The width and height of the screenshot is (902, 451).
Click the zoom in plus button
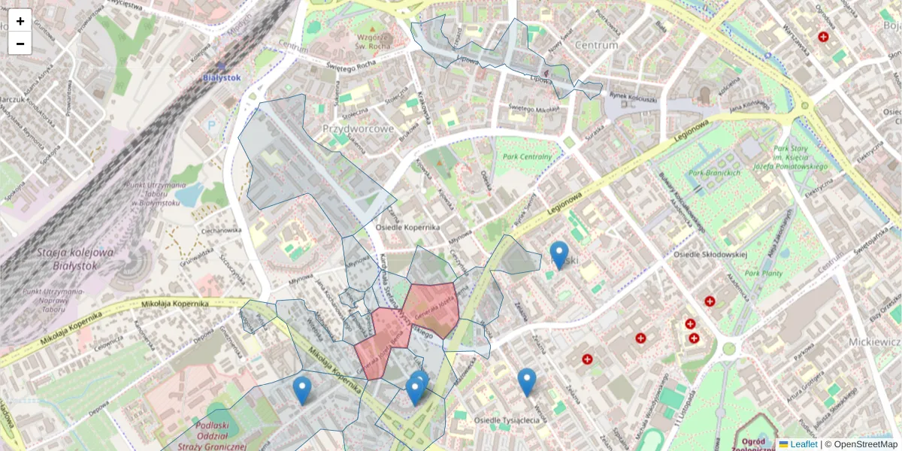[20, 21]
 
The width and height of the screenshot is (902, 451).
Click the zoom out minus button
[20, 44]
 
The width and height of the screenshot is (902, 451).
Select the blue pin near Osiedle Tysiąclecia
[527, 382]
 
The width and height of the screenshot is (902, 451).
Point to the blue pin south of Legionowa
[558, 255]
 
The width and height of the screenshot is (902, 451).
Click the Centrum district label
[596, 45]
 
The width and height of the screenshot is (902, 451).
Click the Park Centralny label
[528, 156]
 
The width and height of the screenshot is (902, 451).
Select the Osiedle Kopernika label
[407, 227]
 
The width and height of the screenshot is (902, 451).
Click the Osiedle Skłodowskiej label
[710, 254]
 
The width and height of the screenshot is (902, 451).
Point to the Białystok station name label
[221, 77]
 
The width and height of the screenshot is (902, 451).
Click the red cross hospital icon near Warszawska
[823, 36]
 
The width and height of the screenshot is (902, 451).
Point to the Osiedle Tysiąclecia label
[507, 420]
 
